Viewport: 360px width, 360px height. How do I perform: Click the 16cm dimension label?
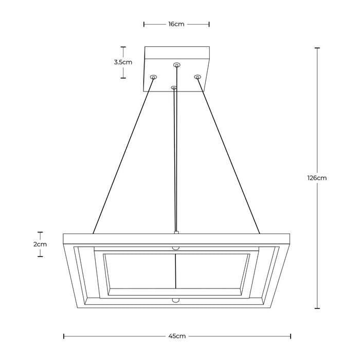(176, 24)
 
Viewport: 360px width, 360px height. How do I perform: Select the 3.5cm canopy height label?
(123, 62)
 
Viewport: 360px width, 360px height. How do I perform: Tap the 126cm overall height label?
(317, 178)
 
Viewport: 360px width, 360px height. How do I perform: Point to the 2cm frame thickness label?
(40, 244)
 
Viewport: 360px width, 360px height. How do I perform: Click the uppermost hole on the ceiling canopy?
(177, 65)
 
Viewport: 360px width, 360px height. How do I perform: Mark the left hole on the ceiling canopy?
(153, 77)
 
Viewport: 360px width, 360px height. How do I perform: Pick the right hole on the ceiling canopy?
(197, 77)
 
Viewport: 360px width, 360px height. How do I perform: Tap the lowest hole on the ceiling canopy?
(174, 88)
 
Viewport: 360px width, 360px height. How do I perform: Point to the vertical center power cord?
(176, 159)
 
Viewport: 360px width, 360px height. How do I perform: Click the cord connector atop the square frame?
(176, 232)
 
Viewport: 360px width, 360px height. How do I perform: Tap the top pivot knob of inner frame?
(176, 248)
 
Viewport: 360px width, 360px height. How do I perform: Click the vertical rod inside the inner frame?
(176, 273)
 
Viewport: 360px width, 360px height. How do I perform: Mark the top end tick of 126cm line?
(317, 48)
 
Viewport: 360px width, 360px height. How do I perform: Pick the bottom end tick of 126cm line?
(317, 309)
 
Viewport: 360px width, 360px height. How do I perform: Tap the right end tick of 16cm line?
(209, 24)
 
